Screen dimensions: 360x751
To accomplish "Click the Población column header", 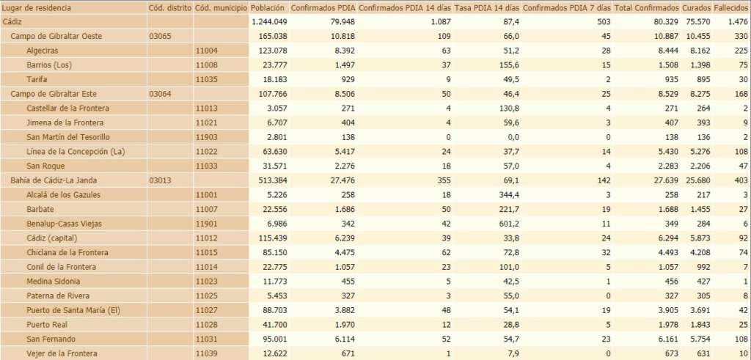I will [267, 7].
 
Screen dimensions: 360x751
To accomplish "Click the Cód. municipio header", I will [221, 7].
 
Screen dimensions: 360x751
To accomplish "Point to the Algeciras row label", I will [43, 51].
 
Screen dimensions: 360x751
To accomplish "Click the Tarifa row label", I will [37, 79].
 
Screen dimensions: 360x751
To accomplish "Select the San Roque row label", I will [45, 166].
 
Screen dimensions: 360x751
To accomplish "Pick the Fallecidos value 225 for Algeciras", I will [740, 51].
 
